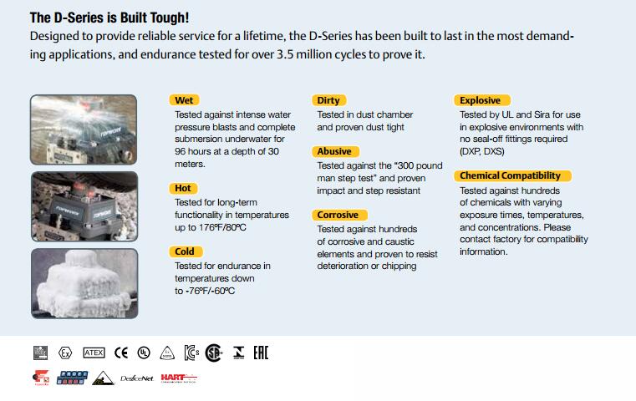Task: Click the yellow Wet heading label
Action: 184,100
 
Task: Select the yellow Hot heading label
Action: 183,188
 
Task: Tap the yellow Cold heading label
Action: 185,251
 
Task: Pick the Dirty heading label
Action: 328,100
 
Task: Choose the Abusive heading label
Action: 335,151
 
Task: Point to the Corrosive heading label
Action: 338,215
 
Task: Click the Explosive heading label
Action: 481,100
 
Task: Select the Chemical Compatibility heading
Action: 511,175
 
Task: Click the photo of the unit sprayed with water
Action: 84,129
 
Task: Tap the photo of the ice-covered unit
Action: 84,283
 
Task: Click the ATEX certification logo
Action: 94,353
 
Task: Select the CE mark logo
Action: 121,353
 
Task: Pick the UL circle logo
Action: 144,353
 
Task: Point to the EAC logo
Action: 261,353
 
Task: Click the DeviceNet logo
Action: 137,378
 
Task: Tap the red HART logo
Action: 179,378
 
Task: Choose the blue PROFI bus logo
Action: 72,378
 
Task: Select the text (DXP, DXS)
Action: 482,152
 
